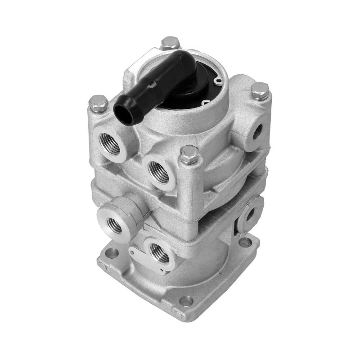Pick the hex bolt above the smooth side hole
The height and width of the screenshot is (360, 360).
[260, 91]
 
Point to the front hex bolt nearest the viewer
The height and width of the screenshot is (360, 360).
[189, 155]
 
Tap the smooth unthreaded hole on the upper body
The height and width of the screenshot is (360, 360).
[257, 131]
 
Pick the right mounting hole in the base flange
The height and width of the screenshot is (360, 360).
[245, 243]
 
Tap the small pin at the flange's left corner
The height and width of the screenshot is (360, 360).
[103, 265]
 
